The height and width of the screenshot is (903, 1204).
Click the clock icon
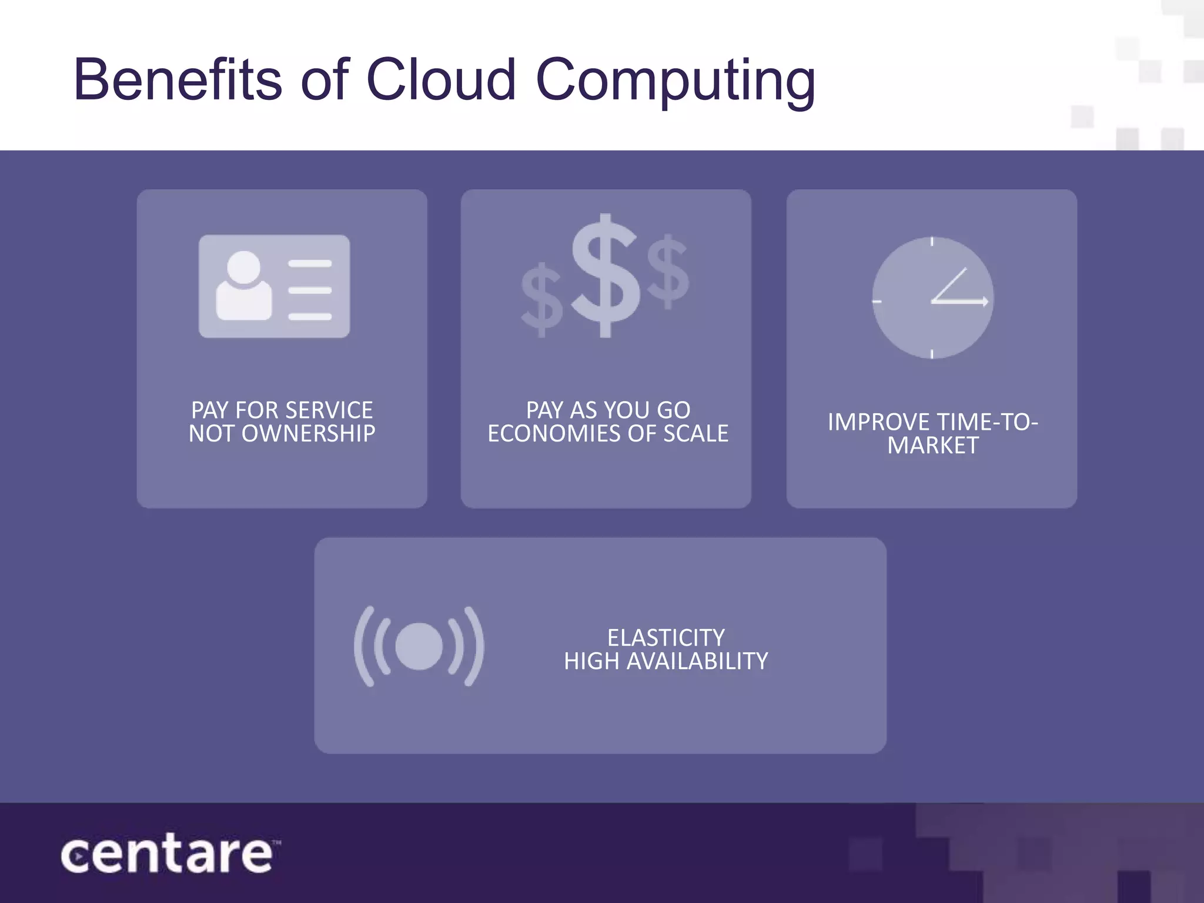pos(932,298)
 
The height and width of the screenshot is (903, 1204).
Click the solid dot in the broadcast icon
pos(419,646)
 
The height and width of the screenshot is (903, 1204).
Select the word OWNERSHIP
pos(308,434)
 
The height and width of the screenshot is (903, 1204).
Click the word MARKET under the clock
pos(933,446)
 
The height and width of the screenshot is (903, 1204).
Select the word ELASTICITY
pos(665,638)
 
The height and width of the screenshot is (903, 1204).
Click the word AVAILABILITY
pos(697,661)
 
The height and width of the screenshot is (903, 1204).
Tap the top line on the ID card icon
pos(310,264)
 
